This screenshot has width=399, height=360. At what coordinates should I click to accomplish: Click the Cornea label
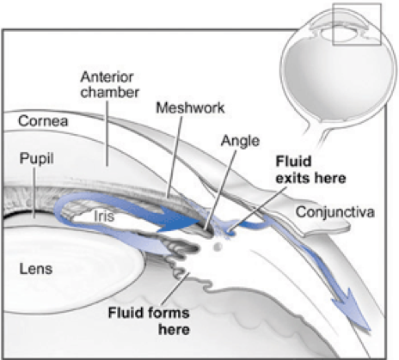click(x=43, y=121)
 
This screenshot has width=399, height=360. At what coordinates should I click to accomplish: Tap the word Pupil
click(x=36, y=158)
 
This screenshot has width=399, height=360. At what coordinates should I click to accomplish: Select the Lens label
click(x=36, y=269)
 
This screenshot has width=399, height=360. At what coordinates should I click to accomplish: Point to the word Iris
click(x=104, y=217)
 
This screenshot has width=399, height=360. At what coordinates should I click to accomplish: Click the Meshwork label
click(x=190, y=107)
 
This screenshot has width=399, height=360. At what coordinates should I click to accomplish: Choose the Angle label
click(x=240, y=141)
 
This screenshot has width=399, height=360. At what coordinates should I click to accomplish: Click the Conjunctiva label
click(x=335, y=212)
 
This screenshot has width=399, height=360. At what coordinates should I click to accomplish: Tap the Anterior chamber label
click(x=109, y=84)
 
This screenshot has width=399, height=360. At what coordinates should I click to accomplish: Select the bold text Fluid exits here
click(x=310, y=169)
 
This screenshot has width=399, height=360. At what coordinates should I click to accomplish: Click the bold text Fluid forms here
click(x=149, y=320)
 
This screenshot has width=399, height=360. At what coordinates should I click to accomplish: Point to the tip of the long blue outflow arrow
click(x=370, y=330)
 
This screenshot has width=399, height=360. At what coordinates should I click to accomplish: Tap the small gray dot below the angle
click(x=218, y=247)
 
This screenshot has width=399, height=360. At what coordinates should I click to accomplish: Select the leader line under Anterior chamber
click(x=107, y=132)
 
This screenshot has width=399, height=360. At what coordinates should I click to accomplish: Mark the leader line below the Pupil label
click(x=34, y=192)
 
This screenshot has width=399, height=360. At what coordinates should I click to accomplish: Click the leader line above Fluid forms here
click(x=175, y=288)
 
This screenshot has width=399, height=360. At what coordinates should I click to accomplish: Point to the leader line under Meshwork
click(x=175, y=157)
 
